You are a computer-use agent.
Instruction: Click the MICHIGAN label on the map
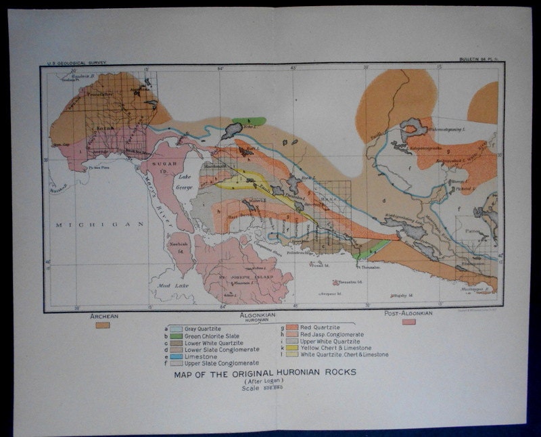(x=101, y=224)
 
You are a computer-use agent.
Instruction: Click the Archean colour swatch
(x=103, y=325)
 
